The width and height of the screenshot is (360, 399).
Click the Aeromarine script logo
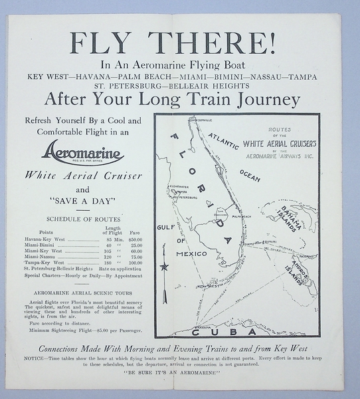[83, 154]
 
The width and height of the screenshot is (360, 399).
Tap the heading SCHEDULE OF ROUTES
[83, 218]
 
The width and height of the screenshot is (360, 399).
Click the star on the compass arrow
[163, 267]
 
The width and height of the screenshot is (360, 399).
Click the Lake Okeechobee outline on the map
[220, 215]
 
